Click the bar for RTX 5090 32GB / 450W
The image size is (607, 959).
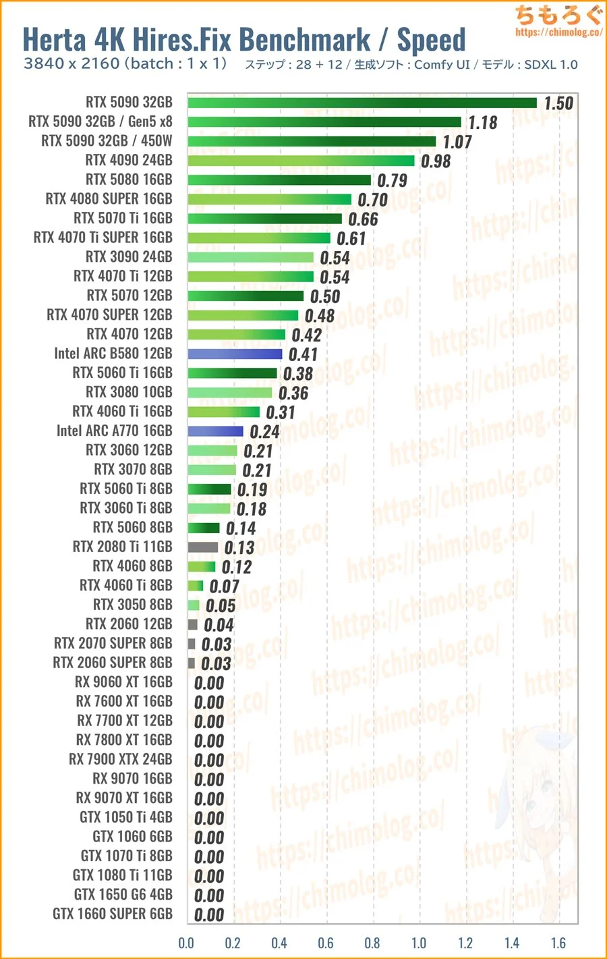(x=312, y=142)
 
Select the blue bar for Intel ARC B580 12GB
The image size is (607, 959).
(x=235, y=354)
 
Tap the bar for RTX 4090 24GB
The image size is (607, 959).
(x=301, y=161)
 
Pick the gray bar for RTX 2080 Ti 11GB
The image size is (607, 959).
(x=202, y=547)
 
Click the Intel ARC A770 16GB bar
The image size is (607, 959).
(x=215, y=431)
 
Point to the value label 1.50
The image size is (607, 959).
(x=558, y=103)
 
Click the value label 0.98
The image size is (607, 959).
(x=436, y=161)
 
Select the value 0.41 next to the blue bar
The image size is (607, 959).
(x=303, y=354)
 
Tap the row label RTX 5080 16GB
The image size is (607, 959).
(x=129, y=180)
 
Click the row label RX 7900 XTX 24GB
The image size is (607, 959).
(x=121, y=759)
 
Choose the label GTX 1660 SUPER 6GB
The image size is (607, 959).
(x=113, y=914)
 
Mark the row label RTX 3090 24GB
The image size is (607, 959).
(x=129, y=257)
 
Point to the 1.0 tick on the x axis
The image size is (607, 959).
(x=419, y=943)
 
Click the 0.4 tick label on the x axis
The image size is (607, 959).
(x=279, y=943)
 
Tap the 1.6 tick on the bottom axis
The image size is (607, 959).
(x=558, y=943)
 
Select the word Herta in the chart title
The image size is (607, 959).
(x=55, y=40)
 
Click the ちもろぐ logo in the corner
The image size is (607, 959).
(x=558, y=15)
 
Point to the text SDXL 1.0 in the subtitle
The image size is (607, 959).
(x=551, y=65)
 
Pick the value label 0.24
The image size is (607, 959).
(x=264, y=432)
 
